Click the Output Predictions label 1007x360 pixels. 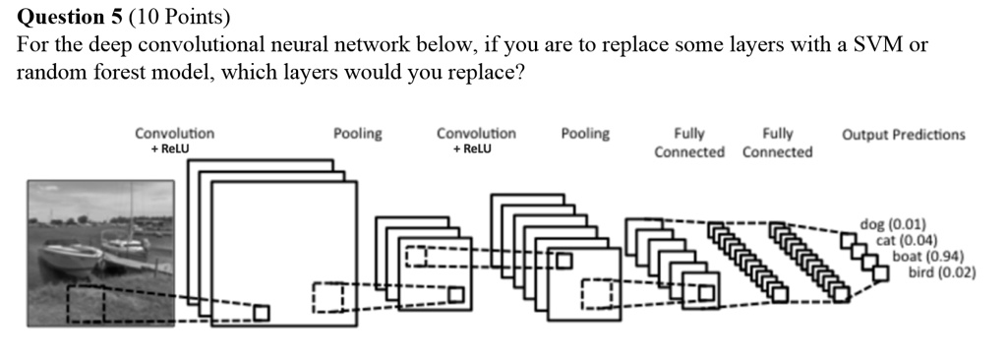[903, 135]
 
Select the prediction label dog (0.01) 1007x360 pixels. [885, 224]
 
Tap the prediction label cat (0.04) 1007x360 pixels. [906, 240]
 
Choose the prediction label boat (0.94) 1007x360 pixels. [925, 256]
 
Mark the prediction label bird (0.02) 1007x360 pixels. [941, 271]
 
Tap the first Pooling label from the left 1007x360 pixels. [358, 134]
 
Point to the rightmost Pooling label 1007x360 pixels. [585, 134]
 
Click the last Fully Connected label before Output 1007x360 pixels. [777, 143]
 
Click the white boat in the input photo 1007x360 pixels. [69, 258]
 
